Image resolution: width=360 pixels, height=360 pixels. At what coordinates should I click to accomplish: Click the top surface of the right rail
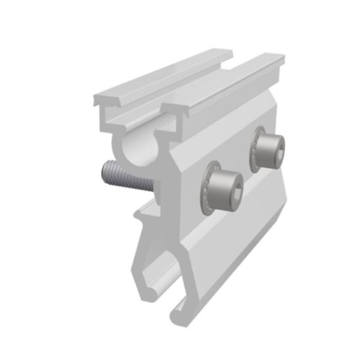222,84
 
